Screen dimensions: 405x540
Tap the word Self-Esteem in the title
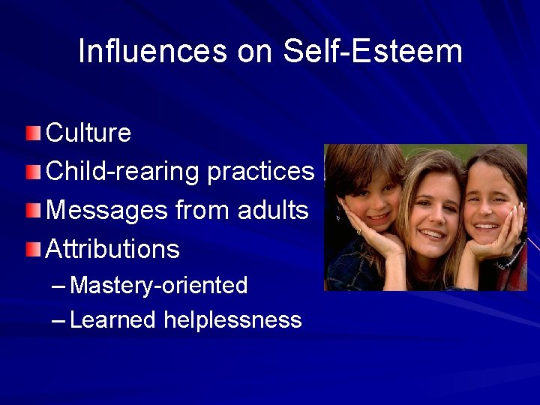pyautogui.click(x=373, y=51)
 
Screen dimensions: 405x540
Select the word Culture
pyautogui.click(x=88, y=133)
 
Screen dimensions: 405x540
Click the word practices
pyautogui.click(x=260, y=172)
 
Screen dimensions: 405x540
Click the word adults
pyautogui.click(x=271, y=211)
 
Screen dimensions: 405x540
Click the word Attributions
pyautogui.click(x=112, y=249)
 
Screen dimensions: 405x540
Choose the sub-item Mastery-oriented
pyautogui.click(x=158, y=286)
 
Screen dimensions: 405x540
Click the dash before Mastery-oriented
pyautogui.click(x=59, y=286)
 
